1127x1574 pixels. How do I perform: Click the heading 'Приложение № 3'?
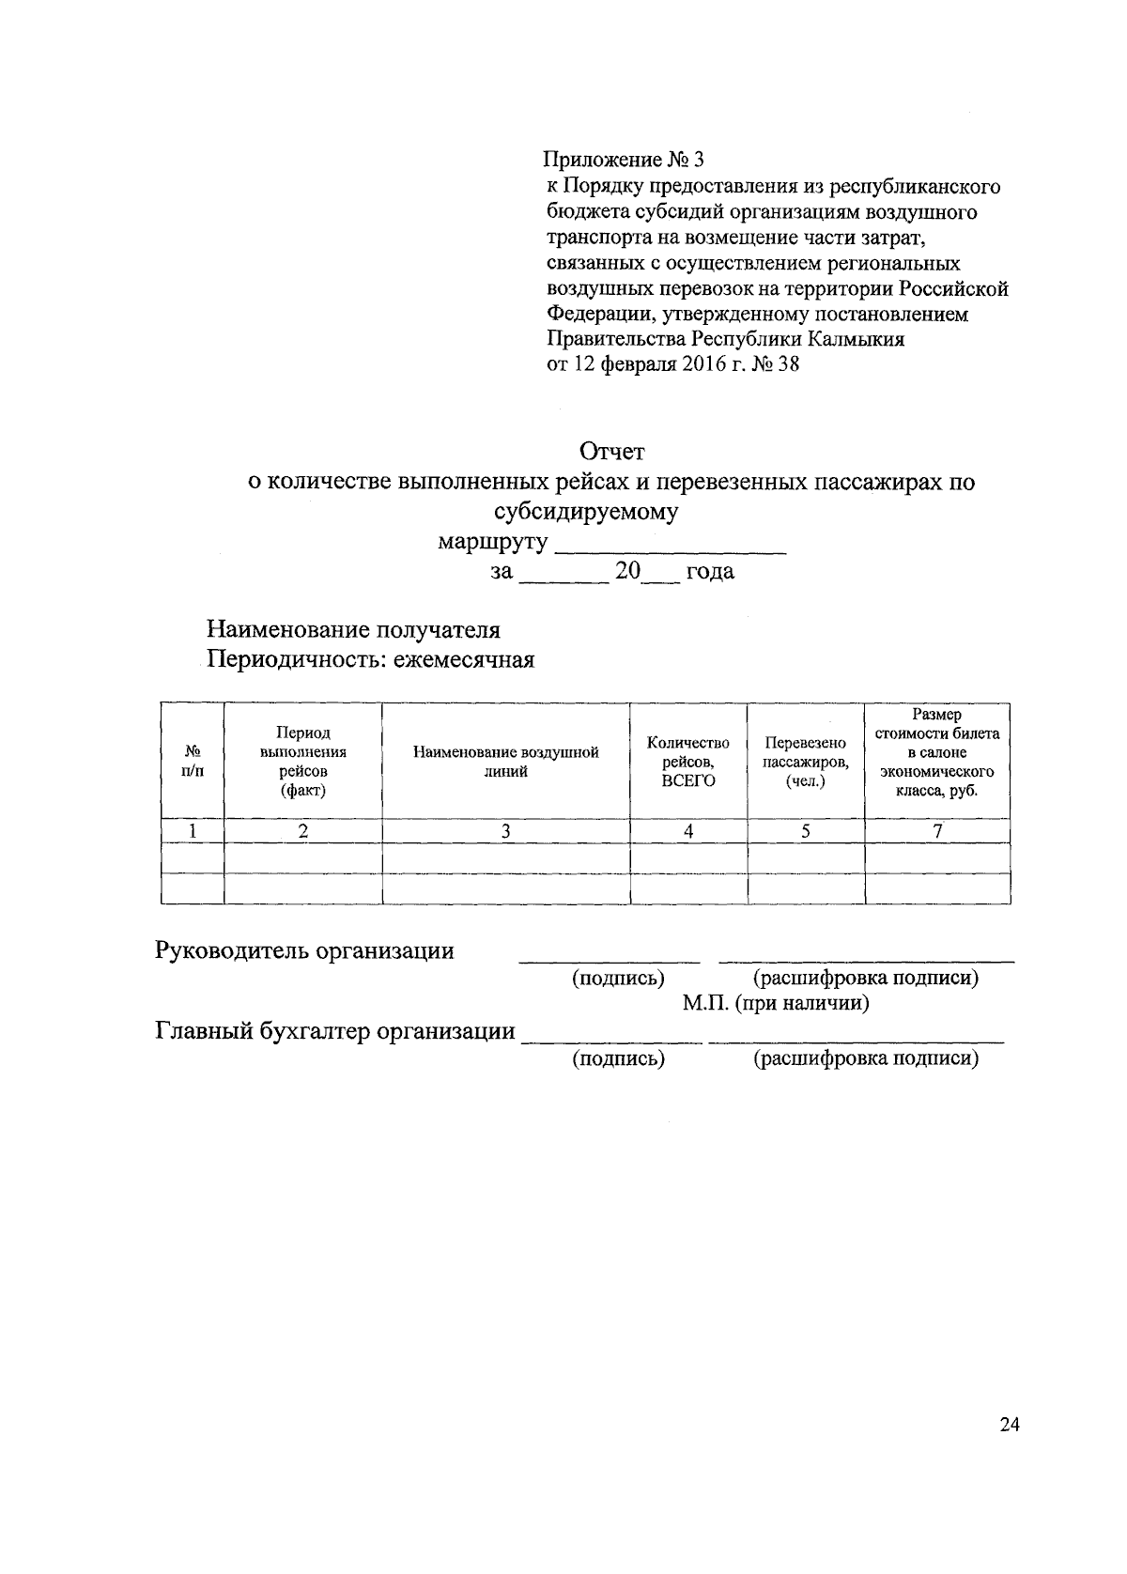pyautogui.click(x=624, y=161)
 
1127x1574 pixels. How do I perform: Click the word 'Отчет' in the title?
pyautogui.click(x=612, y=452)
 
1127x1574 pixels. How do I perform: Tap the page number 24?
pyautogui.click(x=1010, y=1425)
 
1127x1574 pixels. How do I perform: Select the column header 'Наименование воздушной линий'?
pyautogui.click(x=505, y=762)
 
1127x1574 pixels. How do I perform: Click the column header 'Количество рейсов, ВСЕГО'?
pyautogui.click(x=687, y=762)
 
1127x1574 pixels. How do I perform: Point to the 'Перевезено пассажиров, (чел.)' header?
pyautogui.click(x=805, y=762)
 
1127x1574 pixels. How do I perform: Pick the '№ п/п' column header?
pyautogui.click(x=192, y=762)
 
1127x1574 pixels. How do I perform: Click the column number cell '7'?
pyautogui.click(x=936, y=831)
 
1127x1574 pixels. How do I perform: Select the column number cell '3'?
pyautogui.click(x=505, y=831)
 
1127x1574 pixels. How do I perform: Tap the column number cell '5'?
pyautogui.click(x=805, y=831)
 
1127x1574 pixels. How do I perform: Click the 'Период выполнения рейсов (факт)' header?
pyautogui.click(x=302, y=762)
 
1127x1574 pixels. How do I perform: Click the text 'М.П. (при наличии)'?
pyautogui.click(x=775, y=1004)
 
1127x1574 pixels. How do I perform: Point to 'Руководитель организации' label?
pyautogui.click(x=304, y=950)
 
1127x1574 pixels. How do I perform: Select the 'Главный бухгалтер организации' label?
pyautogui.click(x=335, y=1031)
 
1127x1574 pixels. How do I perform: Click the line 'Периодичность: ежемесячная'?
pyautogui.click(x=370, y=660)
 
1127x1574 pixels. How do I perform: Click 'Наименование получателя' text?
pyautogui.click(x=353, y=629)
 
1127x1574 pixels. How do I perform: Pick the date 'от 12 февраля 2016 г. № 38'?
pyautogui.click(x=672, y=364)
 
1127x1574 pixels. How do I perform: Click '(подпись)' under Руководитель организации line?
pyautogui.click(x=618, y=979)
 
